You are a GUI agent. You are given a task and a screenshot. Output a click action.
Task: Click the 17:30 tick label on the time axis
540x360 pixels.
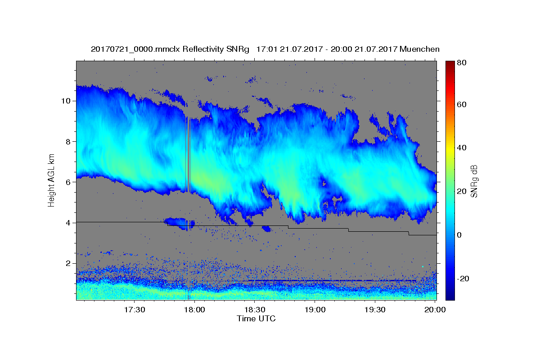pos(135,310)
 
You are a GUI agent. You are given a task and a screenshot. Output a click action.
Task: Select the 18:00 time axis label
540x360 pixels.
pos(194,310)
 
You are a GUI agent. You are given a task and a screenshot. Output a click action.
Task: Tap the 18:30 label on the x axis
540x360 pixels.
pos(255,310)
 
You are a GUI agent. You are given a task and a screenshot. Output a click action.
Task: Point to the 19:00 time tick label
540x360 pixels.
pos(315,310)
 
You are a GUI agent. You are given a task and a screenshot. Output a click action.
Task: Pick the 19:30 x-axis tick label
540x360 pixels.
pos(375,310)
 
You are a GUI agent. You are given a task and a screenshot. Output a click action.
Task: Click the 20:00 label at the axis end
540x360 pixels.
pos(435,310)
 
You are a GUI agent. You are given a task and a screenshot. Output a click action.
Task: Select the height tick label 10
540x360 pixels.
pos(66,101)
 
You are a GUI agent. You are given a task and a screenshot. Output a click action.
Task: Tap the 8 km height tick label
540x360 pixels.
pos(68,142)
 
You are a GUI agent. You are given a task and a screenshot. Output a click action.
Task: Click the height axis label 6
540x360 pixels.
pos(68,182)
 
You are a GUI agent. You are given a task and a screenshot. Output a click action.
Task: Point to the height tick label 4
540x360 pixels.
pos(68,223)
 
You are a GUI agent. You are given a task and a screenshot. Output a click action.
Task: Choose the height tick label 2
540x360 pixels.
pos(68,263)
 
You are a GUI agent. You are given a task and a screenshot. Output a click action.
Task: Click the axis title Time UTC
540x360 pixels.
pos(256,319)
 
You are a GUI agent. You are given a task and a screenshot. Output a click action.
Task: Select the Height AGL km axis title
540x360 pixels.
pos(51,180)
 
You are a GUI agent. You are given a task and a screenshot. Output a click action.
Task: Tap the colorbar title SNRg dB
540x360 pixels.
pos(474,181)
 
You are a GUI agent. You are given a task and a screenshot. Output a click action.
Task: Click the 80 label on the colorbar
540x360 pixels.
pos(462,63)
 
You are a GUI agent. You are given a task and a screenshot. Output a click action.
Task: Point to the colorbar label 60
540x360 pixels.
pos(462,104)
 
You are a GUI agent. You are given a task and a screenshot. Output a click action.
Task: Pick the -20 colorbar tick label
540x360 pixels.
pos(463,279)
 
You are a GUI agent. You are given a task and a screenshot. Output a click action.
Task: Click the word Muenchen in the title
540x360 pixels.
pos(419,49)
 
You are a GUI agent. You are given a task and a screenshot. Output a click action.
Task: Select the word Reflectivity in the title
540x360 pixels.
pos(203,49)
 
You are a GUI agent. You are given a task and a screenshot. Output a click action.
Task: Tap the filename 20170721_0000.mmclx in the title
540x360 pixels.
pos(135,49)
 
